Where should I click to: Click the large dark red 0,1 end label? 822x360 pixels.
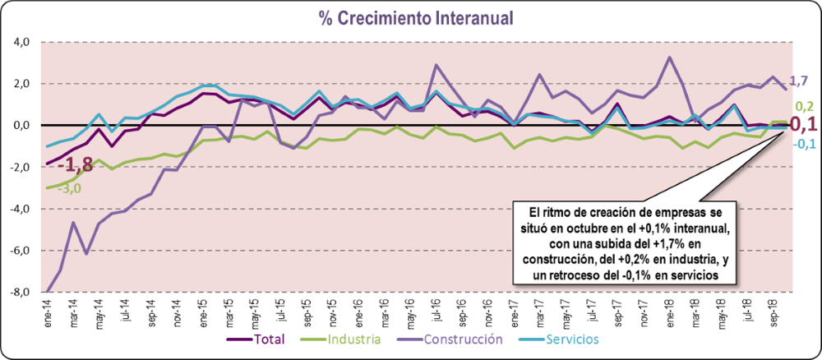coord(802,125)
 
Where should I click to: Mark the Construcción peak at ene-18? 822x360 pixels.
coord(670,58)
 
